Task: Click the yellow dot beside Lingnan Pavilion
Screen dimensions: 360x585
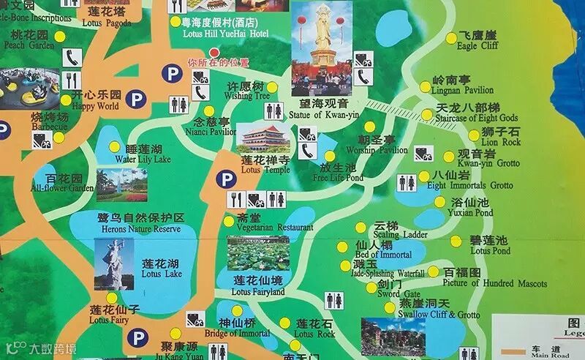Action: (x=426, y=86)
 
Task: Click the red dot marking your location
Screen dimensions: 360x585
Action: (x=214, y=52)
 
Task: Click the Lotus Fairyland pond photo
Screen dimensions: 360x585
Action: (x=257, y=253)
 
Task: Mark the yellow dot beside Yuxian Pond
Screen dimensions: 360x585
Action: (x=439, y=203)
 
